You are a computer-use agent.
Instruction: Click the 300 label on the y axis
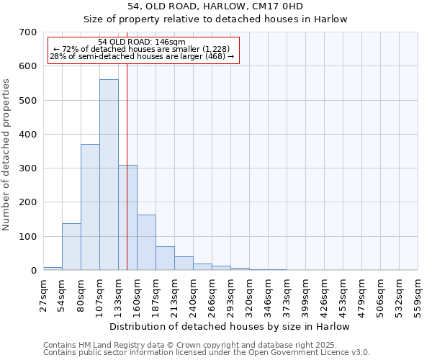click(28, 168)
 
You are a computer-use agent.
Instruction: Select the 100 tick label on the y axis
click(28, 237)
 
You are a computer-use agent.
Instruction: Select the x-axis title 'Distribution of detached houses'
click(230, 326)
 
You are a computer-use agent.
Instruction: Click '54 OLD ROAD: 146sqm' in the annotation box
click(141, 42)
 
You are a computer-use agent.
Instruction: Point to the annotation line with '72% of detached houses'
click(141, 49)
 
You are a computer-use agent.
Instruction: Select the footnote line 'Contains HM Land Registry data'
click(190, 345)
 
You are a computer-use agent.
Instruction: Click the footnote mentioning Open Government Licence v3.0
click(207, 353)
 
